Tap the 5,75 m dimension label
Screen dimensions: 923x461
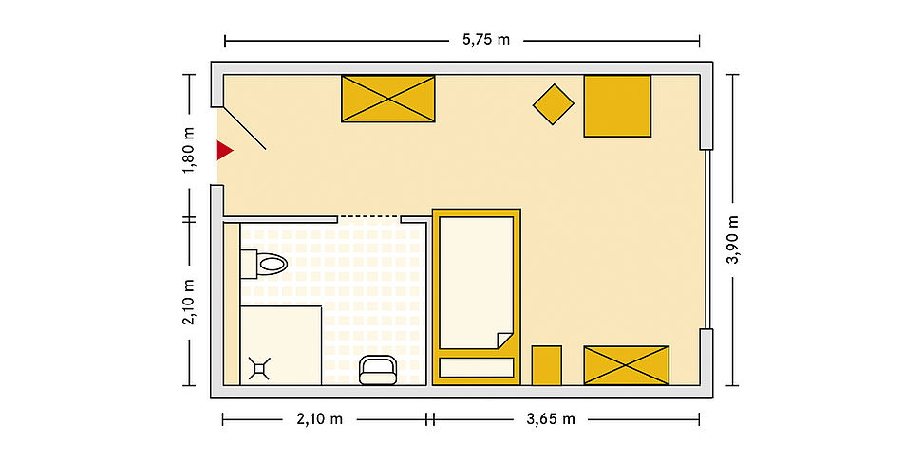[486, 40]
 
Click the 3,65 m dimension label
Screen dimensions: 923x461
[551, 419]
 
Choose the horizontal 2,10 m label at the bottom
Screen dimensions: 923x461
[320, 419]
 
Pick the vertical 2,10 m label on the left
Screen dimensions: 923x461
[189, 303]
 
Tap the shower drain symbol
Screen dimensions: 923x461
[259, 368]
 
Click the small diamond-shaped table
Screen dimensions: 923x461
[554, 104]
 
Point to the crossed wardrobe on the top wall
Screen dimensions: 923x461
[388, 99]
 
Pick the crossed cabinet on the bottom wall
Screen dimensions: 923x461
[627, 366]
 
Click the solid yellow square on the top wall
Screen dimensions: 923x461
[617, 106]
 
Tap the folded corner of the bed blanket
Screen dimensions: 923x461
[505, 341]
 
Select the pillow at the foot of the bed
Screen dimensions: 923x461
[476, 367]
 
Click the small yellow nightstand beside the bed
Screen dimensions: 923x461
[546, 366]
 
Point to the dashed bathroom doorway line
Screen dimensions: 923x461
[369, 217]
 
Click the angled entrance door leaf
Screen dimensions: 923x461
[245, 128]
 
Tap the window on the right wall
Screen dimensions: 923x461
[707, 239]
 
